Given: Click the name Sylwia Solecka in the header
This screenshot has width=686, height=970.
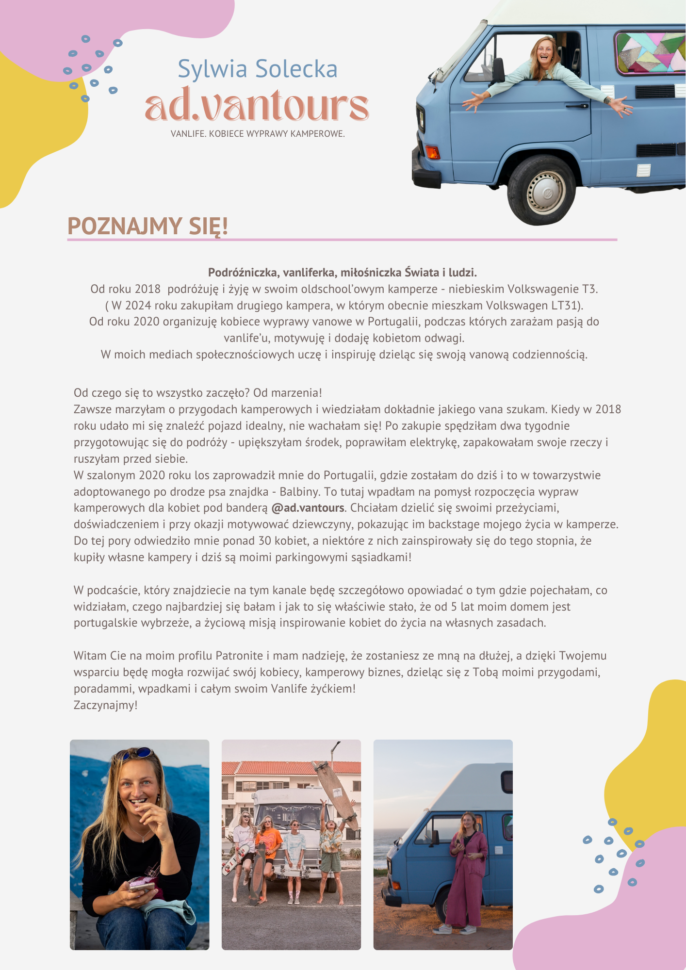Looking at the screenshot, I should click(257, 69).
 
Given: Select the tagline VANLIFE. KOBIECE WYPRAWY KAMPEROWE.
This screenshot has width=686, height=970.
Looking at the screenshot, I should click(258, 134).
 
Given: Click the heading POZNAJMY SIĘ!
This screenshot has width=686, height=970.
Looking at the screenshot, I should click(147, 226).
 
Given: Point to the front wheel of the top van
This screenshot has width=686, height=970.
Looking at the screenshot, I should click(541, 190).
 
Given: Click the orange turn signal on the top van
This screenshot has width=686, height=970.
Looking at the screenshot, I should click(432, 152).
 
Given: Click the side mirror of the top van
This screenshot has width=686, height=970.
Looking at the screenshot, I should click(498, 70).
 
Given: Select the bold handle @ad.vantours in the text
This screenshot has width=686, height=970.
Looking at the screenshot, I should click(308, 508).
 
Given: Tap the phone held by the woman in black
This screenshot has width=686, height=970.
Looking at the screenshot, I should click(141, 886).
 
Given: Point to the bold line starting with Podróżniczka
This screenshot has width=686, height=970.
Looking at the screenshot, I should click(343, 272).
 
